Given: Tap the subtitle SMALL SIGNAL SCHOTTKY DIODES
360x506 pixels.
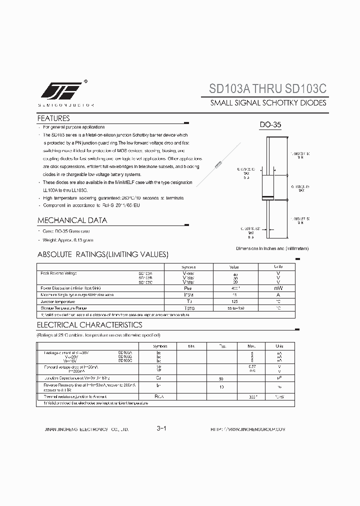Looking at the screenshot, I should click(x=267, y=103).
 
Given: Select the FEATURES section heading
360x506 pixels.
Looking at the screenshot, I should click(x=53, y=119).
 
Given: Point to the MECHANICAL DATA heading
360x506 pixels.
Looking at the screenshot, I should click(x=72, y=220).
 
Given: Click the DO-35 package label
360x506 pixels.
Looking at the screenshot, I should click(x=270, y=125).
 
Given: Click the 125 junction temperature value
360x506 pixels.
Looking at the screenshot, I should click(x=234, y=302).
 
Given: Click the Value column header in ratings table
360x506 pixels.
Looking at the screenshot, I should click(x=234, y=267).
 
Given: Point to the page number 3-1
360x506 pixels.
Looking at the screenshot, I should click(x=161, y=428).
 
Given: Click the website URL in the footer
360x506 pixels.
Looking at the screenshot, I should click(x=247, y=429).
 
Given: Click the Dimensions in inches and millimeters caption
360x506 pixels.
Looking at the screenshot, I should click(x=272, y=248).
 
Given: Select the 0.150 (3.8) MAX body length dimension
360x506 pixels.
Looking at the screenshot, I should click(x=298, y=188).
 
